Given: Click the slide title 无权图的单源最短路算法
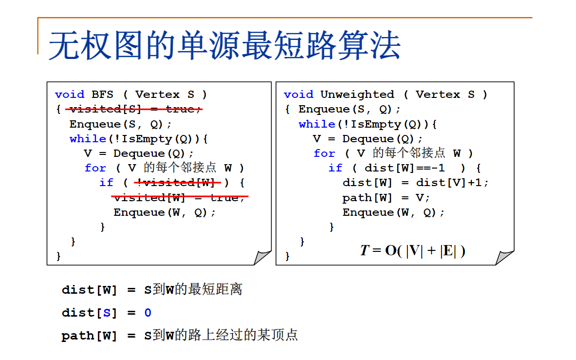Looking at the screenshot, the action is pyautogui.click(x=224, y=46).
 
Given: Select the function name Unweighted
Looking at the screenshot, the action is pyautogui.click(x=357, y=95).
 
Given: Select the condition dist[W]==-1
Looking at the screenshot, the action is pyautogui.click(x=405, y=168).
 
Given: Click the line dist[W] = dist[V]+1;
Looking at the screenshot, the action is pyautogui.click(x=415, y=183).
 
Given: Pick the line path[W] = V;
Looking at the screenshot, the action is pyautogui.click(x=386, y=197).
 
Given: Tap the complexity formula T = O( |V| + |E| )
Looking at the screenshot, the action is pyautogui.click(x=412, y=250).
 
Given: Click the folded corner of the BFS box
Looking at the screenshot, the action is pyautogui.click(x=262, y=257).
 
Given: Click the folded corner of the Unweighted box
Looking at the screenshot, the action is pyautogui.click(x=505, y=257).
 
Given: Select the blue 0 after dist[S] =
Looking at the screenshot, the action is pyautogui.click(x=148, y=313).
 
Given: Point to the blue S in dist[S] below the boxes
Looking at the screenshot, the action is pyautogui.click(x=107, y=313).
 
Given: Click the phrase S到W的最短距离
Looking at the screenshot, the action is pyautogui.click(x=193, y=290).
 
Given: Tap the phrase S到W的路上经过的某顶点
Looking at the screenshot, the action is pyautogui.click(x=221, y=336).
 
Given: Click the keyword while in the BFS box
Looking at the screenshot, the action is pyautogui.click(x=88, y=139).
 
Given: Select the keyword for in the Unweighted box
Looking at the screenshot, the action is pyautogui.click(x=324, y=153).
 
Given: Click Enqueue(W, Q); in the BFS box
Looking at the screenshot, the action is pyautogui.click(x=164, y=212).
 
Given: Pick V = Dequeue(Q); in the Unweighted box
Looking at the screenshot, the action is pyautogui.click(x=368, y=139).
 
